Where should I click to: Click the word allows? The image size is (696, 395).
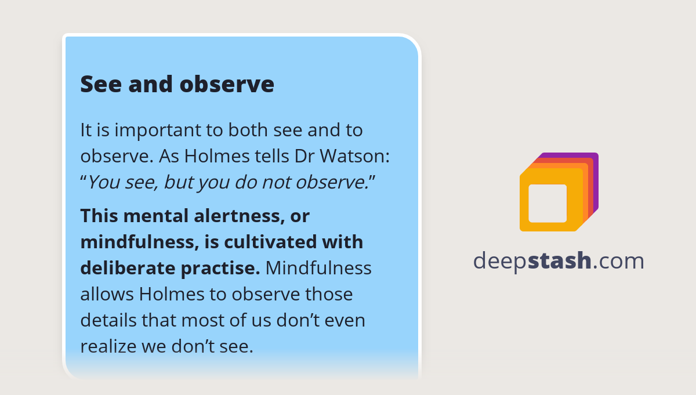(107, 294)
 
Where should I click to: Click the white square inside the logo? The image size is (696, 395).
(548, 203)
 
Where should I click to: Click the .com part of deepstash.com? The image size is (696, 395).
(618, 261)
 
